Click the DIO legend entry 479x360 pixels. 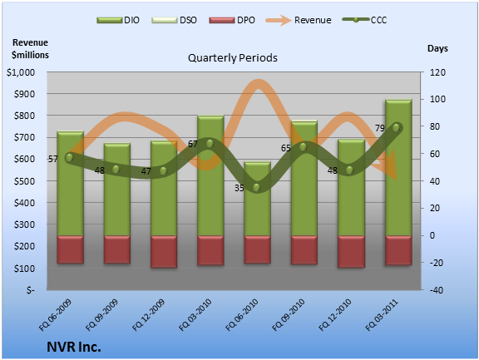coord(118,20)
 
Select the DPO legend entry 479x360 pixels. coord(232,20)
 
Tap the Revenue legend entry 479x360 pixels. coord(299,20)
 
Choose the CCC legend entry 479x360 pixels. coord(365,20)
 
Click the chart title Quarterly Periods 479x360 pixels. coord(233,57)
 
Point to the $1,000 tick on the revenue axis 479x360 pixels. coord(21,72)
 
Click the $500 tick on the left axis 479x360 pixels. coord(24,180)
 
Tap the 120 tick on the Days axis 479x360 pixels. coord(437,72)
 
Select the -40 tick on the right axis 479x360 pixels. coord(437,290)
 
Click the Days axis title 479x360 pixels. coord(437,48)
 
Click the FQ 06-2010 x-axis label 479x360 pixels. coord(242,315)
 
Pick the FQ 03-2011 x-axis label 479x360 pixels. coord(382,315)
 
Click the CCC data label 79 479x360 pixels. coord(380,128)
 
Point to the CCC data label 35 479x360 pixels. coord(239,188)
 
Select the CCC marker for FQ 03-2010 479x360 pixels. coord(210,144)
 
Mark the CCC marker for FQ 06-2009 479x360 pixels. coord(69,158)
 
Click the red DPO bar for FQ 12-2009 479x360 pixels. coord(164,252)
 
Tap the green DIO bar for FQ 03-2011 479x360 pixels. coord(398,167)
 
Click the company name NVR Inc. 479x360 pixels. coord(74,347)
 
